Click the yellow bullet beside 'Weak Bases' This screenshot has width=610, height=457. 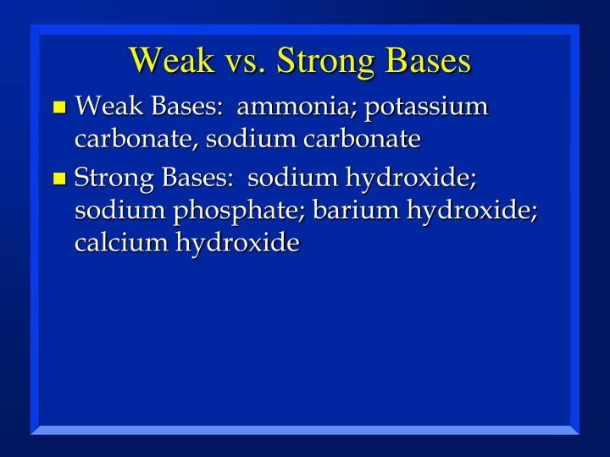pyautogui.click(x=58, y=107)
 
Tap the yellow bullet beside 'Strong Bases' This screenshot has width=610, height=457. pyautogui.click(x=58, y=179)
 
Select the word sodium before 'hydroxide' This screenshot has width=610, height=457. pyautogui.click(x=292, y=178)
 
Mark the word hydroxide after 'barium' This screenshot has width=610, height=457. pyautogui.click(x=472, y=211)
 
